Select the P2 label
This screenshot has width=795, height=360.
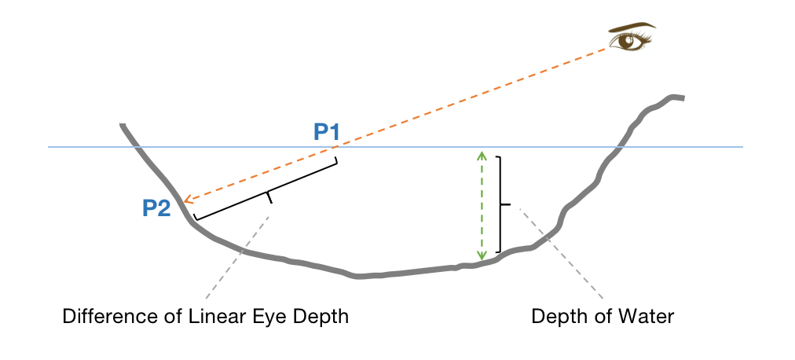(157, 208)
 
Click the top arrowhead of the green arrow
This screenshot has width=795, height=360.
(482, 154)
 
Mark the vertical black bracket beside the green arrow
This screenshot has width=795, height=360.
(500, 204)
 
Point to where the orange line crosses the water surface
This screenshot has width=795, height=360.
(339, 147)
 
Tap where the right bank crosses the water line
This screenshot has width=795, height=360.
(621, 147)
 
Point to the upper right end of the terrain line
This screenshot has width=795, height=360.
(683, 97)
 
